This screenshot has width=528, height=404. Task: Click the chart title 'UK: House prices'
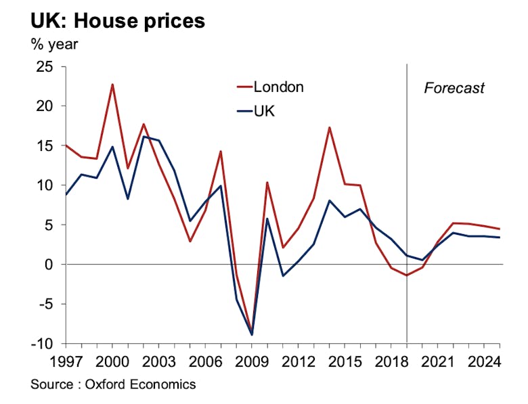point(117,20)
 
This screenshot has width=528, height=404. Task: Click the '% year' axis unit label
point(54,46)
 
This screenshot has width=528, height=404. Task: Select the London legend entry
point(278,87)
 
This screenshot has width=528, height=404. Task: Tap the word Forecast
point(454,88)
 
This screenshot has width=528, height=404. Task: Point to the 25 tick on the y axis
point(47,66)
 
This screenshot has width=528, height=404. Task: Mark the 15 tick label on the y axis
point(47,145)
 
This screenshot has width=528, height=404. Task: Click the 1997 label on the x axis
point(66,360)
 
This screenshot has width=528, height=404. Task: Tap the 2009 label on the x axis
point(252,360)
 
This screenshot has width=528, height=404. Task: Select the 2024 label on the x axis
point(485,360)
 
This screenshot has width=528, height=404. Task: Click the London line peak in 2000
point(112,85)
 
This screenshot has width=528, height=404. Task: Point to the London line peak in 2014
point(329,127)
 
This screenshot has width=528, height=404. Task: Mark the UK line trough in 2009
point(252,334)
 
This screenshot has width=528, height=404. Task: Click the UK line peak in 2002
point(144,137)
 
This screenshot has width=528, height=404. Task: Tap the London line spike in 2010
point(267,182)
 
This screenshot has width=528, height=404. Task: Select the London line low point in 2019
point(407,275)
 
